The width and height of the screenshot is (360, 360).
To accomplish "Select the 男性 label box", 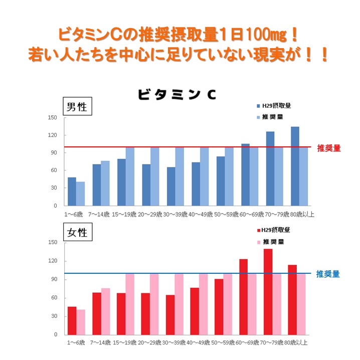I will [x=77, y=107].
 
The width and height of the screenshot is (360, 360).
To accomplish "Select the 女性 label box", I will [x=77, y=233].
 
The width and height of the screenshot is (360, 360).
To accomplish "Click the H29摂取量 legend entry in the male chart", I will [x=273, y=106].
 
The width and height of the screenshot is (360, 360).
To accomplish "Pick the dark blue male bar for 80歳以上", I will [x=295, y=166].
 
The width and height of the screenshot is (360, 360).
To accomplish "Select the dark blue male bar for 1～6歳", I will [x=72, y=192].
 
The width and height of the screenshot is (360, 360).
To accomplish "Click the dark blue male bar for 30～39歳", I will [x=171, y=187].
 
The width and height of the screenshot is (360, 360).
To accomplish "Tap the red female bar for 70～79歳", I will [x=268, y=292].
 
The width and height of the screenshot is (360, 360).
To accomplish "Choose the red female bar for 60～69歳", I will [x=243, y=297].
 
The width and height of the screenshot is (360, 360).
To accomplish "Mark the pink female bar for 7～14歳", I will [x=105, y=311].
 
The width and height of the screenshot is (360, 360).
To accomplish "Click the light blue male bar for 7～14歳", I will [x=105, y=183].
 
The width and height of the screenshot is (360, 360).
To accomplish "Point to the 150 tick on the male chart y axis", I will [x=54, y=118].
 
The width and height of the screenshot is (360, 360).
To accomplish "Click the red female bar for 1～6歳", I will [x=72, y=320].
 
